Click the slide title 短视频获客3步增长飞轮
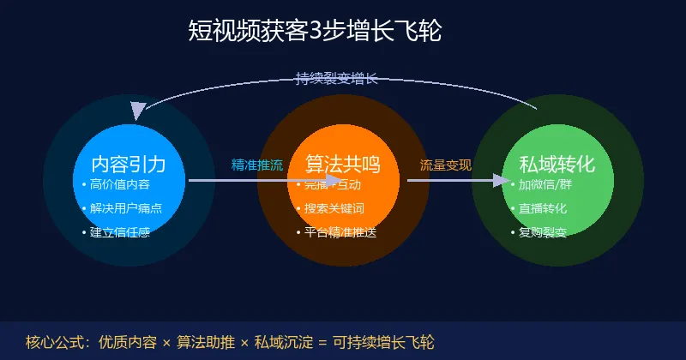[315, 31]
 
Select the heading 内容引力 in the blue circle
[128, 164]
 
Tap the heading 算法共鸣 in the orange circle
[343, 164]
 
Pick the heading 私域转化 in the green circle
[557, 164]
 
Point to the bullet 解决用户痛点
[126, 208]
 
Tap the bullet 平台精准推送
[340, 232]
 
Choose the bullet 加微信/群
[546, 184]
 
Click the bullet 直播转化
[542, 208]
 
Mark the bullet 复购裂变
[542, 232]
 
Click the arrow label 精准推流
[257, 165]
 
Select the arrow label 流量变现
[445, 165]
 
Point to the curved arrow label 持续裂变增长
[336, 79]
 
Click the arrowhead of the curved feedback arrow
[137, 111]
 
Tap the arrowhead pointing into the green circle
[500, 180]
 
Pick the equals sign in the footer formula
[322, 341]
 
